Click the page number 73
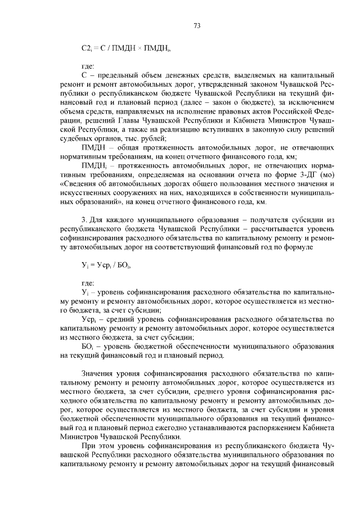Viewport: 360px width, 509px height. [x=196, y=26]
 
